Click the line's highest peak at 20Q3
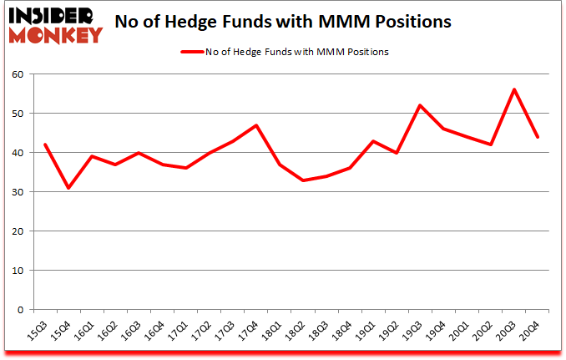514,89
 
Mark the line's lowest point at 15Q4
68,188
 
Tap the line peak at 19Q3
420,105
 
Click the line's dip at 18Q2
303,180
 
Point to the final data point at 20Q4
538,137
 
